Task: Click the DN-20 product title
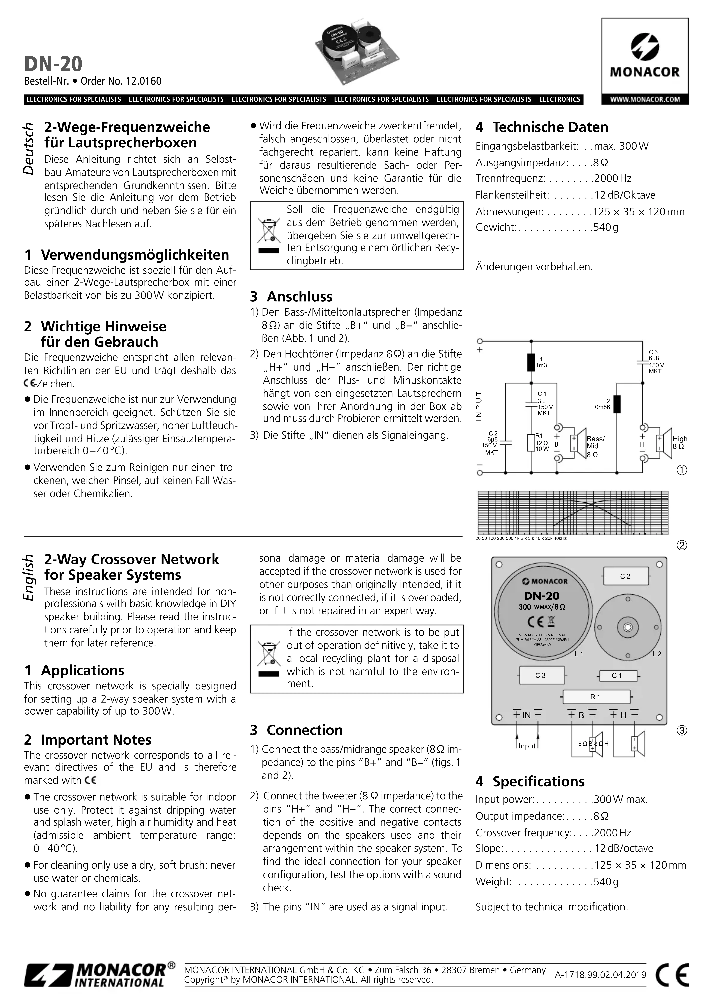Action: coord(53,64)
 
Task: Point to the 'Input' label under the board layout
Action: coord(527,746)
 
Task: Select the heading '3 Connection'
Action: coord(296,730)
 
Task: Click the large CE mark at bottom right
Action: coord(672,975)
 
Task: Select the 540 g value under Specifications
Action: coord(606,882)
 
